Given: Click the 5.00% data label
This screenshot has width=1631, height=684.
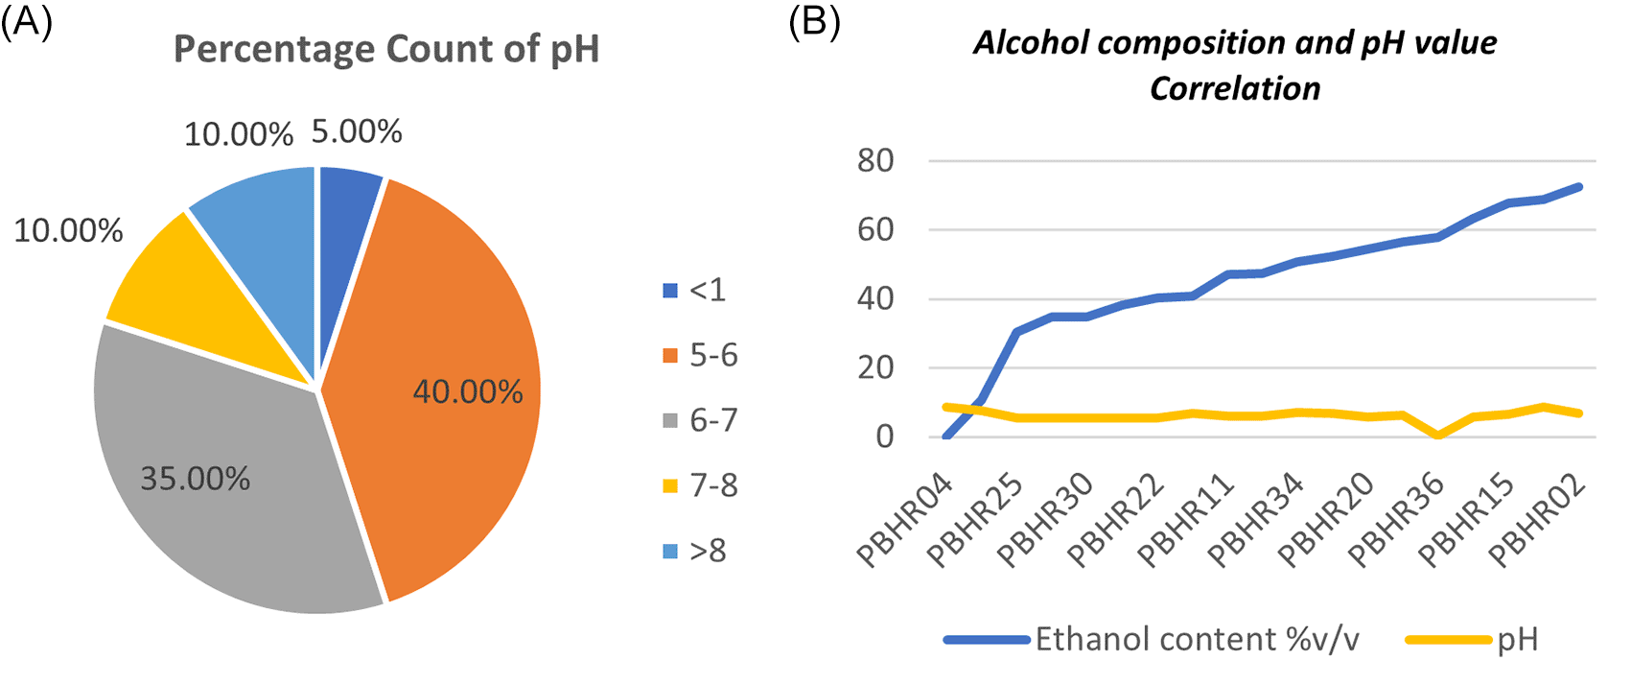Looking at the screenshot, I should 357,131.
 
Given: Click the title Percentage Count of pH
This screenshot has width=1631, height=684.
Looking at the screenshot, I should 385,49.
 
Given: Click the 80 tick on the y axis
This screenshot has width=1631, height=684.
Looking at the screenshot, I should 875,160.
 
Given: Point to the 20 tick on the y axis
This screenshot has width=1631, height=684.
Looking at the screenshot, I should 875,367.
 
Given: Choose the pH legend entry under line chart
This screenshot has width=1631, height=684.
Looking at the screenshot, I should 1517,640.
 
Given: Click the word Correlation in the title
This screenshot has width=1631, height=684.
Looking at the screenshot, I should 1235,88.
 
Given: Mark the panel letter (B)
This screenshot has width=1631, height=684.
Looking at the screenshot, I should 814,21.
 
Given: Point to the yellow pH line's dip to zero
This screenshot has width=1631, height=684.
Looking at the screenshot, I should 1438,436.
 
